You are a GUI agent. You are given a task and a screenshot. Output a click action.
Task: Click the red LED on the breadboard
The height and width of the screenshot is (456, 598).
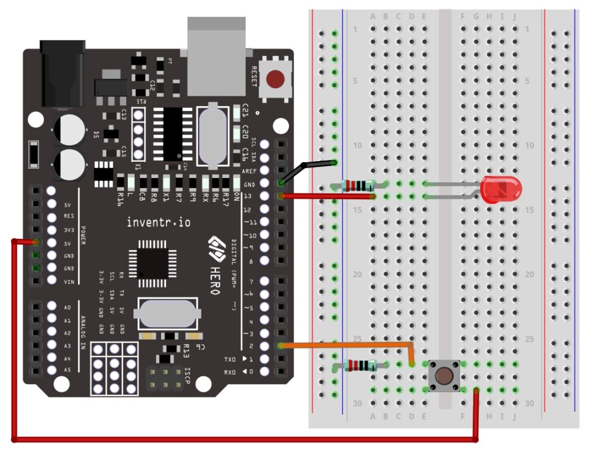(500, 190)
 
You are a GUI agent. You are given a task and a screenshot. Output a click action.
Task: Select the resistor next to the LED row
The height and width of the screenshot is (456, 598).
(359, 186)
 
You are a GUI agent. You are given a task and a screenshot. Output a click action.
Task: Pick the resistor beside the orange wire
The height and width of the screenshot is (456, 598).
(359, 366)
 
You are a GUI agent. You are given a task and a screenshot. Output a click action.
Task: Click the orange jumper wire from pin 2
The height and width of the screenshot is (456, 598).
(350, 344)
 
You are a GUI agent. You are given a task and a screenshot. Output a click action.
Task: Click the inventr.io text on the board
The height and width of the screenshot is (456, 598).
(158, 222)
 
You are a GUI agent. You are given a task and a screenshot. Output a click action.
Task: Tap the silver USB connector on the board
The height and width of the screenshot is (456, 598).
(215, 55)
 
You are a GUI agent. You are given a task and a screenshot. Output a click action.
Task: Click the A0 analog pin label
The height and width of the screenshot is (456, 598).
(67, 307)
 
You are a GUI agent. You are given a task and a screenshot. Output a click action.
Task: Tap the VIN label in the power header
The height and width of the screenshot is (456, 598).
(68, 281)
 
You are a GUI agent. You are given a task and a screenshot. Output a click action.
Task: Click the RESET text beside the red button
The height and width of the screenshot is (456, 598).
(254, 76)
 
